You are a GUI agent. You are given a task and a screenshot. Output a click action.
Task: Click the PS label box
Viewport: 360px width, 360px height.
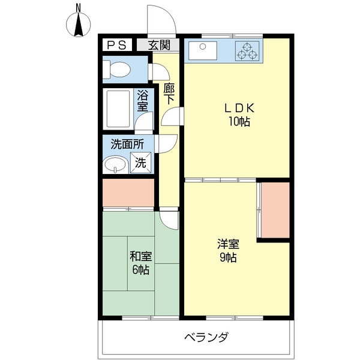tap(117, 45)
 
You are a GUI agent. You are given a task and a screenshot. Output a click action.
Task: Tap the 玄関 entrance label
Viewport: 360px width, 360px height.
tap(159, 45)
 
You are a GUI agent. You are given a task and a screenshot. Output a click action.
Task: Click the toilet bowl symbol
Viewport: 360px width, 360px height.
tap(117, 69)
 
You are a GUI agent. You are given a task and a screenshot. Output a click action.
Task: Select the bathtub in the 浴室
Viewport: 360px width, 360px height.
tap(118, 109)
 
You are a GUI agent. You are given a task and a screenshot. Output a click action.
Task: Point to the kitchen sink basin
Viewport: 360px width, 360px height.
tap(203, 50)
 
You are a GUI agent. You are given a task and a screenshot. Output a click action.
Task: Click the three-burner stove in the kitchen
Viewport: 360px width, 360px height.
tap(247, 51)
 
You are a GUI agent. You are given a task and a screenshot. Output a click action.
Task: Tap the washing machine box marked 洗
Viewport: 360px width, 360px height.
tap(141, 163)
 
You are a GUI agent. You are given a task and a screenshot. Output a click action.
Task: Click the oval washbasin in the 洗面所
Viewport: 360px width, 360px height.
tap(115, 164)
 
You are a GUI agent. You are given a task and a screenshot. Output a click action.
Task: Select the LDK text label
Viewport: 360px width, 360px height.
tap(239, 108)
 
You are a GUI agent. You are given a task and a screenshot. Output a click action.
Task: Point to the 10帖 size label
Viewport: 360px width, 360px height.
tap(239, 121)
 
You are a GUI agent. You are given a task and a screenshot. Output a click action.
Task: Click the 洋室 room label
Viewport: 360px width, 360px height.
tap(228, 244)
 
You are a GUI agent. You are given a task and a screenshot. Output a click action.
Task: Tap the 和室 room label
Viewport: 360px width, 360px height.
tap(141, 256)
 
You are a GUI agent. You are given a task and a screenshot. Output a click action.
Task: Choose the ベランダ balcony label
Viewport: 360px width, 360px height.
tap(206, 337)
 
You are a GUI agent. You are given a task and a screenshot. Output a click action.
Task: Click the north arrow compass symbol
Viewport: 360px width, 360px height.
tap(79, 25)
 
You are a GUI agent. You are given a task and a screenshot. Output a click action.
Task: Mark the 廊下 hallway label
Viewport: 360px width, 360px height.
tap(169, 94)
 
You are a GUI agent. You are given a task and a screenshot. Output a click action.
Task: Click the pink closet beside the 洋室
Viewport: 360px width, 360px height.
tap(275, 210)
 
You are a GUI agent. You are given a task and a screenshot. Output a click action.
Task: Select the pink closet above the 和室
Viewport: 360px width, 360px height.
tap(128, 193)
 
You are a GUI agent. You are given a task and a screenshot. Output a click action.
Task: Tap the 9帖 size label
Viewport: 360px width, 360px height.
tap(228, 257)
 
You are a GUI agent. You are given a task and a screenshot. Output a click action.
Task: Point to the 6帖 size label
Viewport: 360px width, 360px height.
tap(141, 269)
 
